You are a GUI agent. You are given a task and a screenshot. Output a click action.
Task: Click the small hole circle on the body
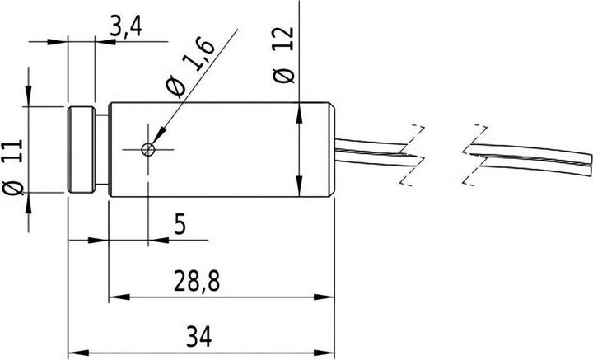point(147,149)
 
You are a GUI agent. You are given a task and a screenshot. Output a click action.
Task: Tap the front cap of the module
point(80,150)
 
